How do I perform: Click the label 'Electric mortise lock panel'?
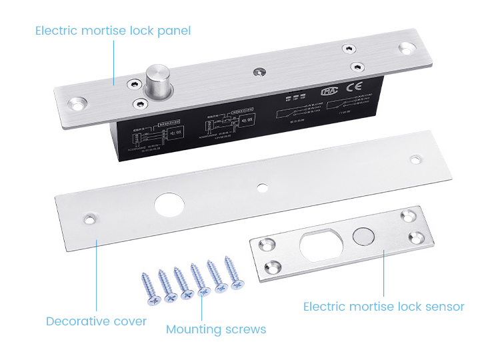(x=113, y=31)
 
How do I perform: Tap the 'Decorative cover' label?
(x=96, y=321)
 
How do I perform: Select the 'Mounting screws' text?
(x=216, y=329)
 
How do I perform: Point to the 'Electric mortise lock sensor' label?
(x=383, y=307)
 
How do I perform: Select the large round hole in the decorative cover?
(x=167, y=204)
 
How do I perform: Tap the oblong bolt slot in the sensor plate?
(x=323, y=246)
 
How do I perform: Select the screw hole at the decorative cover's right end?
(x=415, y=159)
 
